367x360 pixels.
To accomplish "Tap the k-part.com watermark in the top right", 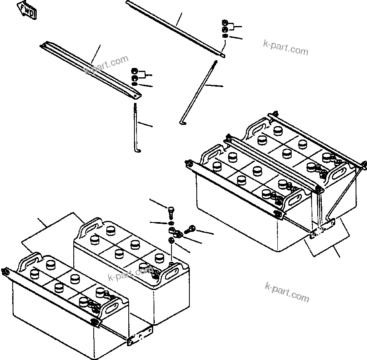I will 286,47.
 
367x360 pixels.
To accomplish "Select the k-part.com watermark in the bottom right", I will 287,292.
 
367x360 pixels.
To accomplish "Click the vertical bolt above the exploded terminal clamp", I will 171,212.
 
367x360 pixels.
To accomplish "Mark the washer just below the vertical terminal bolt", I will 171,223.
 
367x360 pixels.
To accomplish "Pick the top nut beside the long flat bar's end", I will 225,22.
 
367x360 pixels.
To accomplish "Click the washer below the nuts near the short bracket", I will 134,84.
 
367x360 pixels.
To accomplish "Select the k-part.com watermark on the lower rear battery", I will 130,274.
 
